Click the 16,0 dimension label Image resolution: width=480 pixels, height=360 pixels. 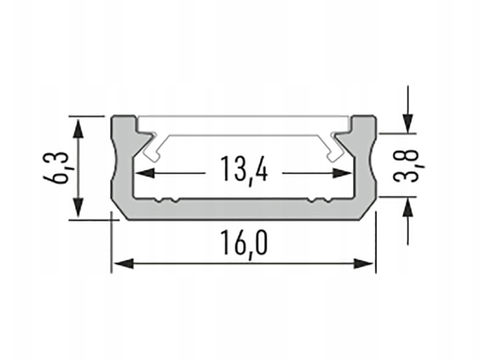tap(243, 244)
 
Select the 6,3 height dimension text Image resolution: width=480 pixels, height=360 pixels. tap(58, 168)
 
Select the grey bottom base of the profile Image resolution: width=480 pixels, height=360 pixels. tap(243, 210)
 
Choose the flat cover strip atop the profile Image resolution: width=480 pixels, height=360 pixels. tap(243, 126)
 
